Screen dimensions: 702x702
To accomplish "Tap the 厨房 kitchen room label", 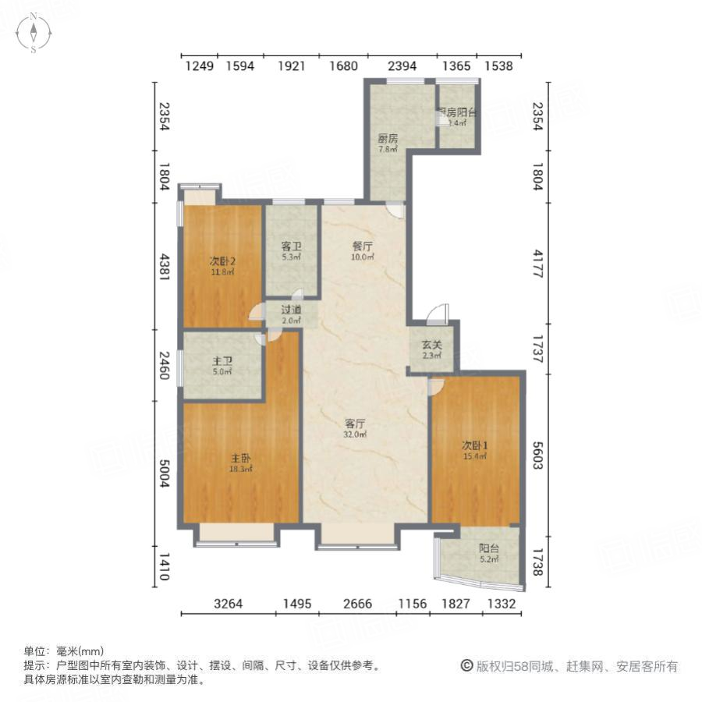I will tap(388, 139).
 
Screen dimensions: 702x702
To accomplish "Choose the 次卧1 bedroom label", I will tap(474, 445).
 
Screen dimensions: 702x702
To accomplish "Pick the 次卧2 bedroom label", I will tap(222, 261).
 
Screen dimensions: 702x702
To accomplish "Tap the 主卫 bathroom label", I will tap(222, 361).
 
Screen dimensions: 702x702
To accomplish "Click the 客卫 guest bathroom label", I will tap(291, 246).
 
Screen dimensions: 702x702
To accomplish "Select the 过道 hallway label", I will tap(291, 310).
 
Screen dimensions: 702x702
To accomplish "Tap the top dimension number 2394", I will tap(402, 66).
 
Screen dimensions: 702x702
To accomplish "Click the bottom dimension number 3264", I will tap(228, 603).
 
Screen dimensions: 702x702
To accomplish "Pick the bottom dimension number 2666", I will tap(356, 603).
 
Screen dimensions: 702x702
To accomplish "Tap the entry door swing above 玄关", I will tap(438, 314).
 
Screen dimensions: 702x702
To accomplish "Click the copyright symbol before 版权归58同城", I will tap(466, 666).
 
